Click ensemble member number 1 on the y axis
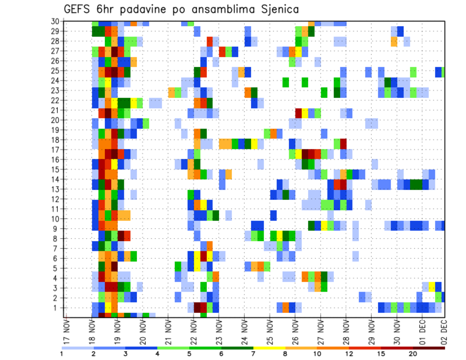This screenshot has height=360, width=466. pyautogui.click(x=56, y=308)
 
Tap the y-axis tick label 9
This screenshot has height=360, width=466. pyautogui.click(x=56, y=229)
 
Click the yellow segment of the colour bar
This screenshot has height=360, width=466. pyautogui.click(x=269, y=348)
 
